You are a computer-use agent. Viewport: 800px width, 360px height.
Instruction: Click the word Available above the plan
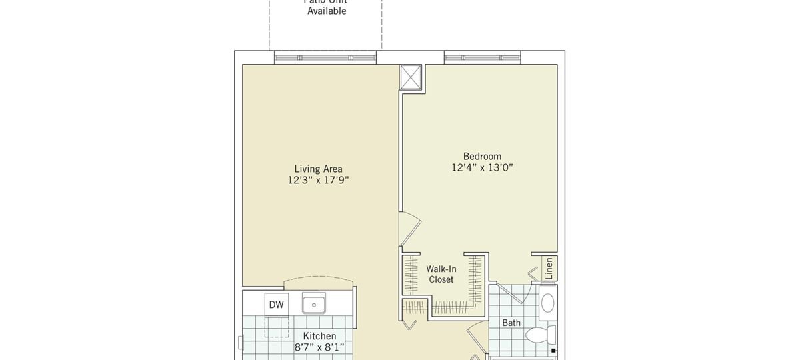(x=327, y=11)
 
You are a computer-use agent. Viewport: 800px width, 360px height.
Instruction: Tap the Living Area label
(x=319, y=169)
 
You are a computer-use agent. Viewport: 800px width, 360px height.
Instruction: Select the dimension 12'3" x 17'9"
(x=319, y=180)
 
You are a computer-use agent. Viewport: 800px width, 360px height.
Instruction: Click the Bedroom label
(x=482, y=156)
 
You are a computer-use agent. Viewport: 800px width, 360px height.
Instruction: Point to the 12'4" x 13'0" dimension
(x=482, y=168)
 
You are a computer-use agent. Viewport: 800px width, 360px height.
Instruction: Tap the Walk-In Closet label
(x=441, y=274)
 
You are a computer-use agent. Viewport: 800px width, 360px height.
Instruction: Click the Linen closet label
(x=549, y=268)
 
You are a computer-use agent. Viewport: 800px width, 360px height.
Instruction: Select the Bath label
(x=511, y=323)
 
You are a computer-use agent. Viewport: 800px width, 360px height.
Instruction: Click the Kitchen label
(x=320, y=336)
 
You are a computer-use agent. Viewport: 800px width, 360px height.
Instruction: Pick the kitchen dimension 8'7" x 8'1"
(x=320, y=347)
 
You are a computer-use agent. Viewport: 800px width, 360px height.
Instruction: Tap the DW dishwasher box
(x=277, y=305)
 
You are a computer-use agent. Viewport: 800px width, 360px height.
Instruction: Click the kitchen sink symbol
(x=313, y=304)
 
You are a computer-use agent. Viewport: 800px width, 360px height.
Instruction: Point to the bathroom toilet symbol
(x=540, y=334)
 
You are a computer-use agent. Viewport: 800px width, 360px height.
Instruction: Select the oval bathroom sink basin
(x=547, y=303)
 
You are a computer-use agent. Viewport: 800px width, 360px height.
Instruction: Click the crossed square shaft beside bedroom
(x=411, y=76)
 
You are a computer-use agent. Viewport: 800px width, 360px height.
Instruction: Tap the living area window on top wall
(x=325, y=58)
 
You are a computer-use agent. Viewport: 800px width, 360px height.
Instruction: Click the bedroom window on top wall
(x=483, y=58)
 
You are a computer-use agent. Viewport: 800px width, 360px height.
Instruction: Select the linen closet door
(x=533, y=273)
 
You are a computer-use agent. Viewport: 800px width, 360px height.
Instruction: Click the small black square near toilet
(x=553, y=350)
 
